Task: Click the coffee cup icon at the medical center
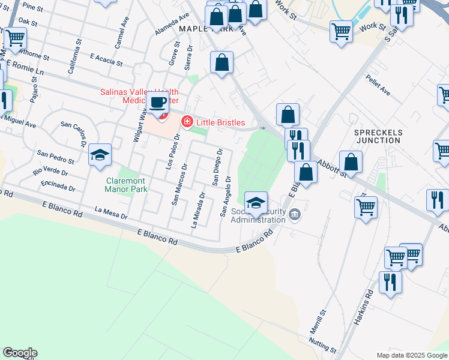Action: coord(158,102)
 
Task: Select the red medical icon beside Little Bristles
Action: coord(187,122)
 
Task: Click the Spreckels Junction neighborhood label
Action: coord(378,136)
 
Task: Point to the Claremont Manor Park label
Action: coord(125,185)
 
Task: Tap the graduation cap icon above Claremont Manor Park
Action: coord(100,156)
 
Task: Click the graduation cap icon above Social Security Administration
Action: coord(256,202)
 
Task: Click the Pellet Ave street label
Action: coord(378,85)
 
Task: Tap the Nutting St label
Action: coord(322,346)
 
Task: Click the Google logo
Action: coord(20,353)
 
